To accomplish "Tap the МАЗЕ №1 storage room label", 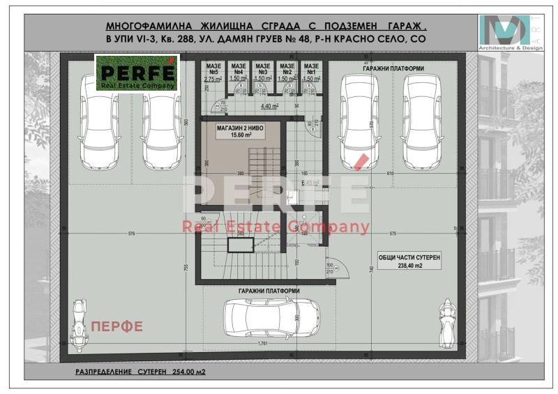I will (x=311, y=69).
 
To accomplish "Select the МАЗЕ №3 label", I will (x=262, y=69).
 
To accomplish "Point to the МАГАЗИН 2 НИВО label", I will (x=239, y=128).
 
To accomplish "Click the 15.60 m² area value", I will (x=239, y=135).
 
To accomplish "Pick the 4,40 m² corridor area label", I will (x=269, y=106).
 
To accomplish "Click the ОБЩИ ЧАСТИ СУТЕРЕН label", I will (x=409, y=257).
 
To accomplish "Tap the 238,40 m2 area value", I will (x=409, y=265).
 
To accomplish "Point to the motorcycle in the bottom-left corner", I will (x=79, y=321).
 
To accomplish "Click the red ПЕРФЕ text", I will (x=116, y=325).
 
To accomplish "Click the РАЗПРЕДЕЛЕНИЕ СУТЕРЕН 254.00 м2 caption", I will (x=140, y=372).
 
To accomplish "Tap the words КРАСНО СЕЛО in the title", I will (x=375, y=40).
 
